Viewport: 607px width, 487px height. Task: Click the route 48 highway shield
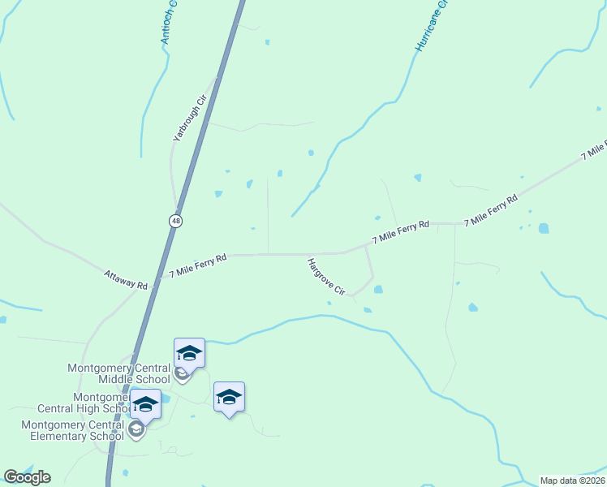(x=175, y=220)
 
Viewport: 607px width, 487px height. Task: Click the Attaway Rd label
(x=126, y=280)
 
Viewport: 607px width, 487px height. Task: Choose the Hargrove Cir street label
(x=326, y=277)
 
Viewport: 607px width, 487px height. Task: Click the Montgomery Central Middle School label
(x=119, y=373)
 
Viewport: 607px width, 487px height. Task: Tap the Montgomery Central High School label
(x=77, y=403)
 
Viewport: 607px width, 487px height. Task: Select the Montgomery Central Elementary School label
(x=72, y=430)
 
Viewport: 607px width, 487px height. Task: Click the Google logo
(x=28, y=477)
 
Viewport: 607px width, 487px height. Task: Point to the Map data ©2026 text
(x=572, y=481)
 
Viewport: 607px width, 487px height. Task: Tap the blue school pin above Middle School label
(x=189, y=354)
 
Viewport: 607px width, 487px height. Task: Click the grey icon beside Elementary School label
(x=136, y=429)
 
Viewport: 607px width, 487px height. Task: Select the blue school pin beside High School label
(x=145, y=404)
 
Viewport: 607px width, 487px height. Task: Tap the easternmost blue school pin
(x=229, y=398)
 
